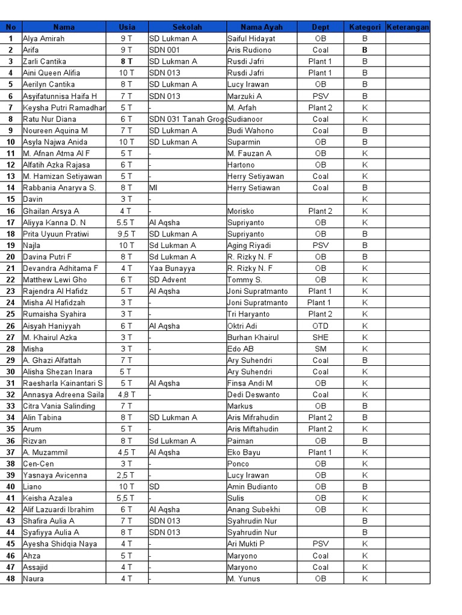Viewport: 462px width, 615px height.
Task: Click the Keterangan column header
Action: click(x=408, y=27)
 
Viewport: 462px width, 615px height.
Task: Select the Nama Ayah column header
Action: click(x=261, y=27)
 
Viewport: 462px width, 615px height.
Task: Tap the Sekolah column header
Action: click(x=187, y=27)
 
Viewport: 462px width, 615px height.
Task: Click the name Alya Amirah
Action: click(x=43, y=38)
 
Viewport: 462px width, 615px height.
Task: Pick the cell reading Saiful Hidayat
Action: click(x=251, y=38)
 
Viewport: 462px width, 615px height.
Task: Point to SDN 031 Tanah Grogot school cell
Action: click(x=186, y=119)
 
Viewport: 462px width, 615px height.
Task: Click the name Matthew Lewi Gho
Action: click(x=55, y=280)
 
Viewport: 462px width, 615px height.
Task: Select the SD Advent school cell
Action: click(x=168, y=280)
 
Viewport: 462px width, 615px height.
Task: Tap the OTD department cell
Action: click(x=321, y=326)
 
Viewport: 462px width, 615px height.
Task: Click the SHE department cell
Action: click(x=321, y=338)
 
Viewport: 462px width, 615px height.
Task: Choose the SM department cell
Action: click(x=321, y=349)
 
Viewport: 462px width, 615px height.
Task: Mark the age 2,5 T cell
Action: click(x=127, y=476)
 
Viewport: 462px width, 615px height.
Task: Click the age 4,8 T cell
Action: click(x=127, y=395)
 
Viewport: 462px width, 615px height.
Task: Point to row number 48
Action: click(x=11, y=579)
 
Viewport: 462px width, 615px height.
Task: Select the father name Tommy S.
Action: click(x=245, y=280)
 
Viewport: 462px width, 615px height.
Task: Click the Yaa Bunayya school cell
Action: click(x=172, y=268)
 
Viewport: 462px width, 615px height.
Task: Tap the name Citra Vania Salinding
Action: click(x=59, y=407)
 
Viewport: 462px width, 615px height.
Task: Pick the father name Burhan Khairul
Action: click(x=253, y=338)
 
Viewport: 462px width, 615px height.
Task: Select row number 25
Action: click(x=11, y=314)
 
